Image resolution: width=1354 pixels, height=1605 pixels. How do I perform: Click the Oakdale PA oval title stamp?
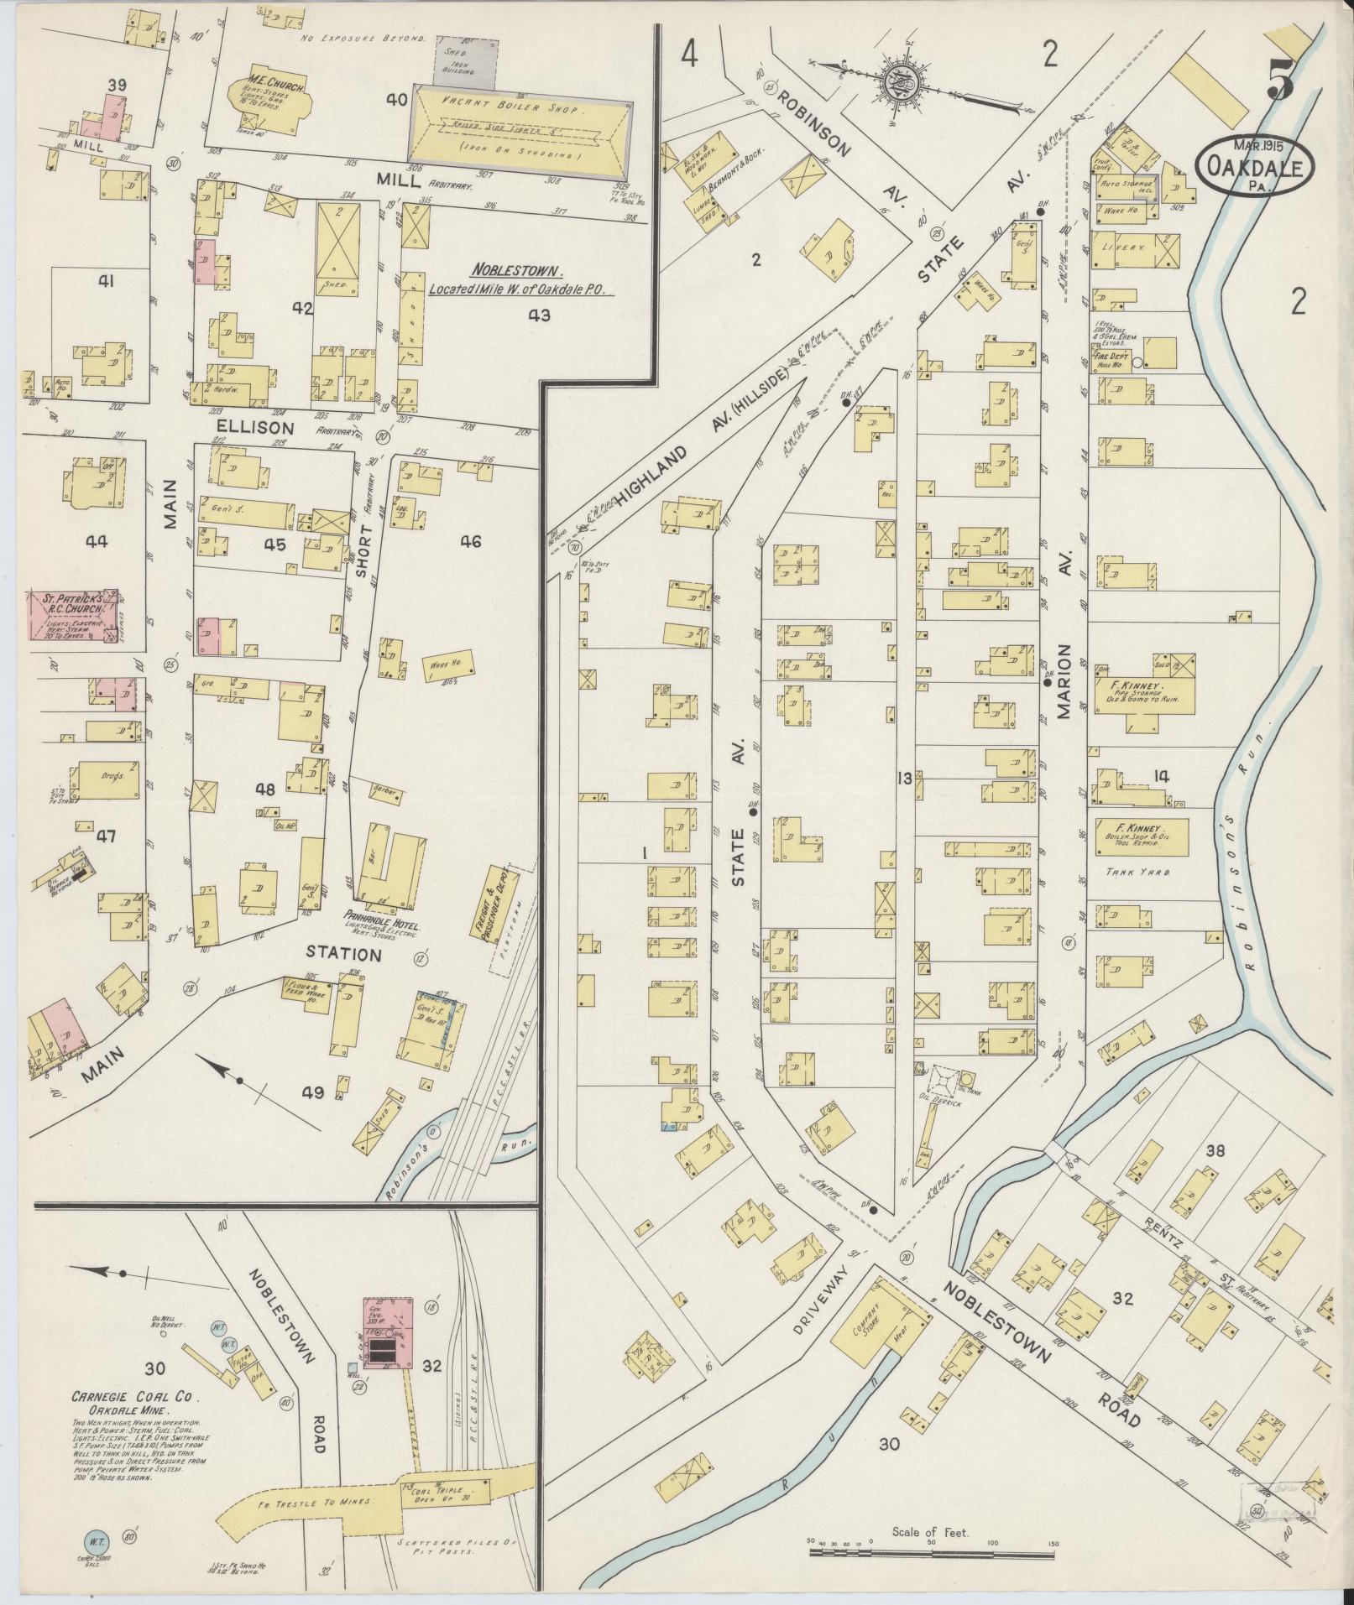click(1254, 168)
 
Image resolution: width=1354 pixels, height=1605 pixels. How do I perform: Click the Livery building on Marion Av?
click(1133, 249)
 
